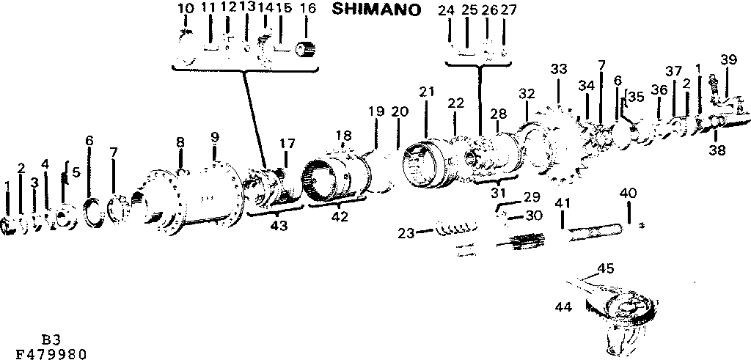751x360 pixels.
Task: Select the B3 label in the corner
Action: coord(51,340)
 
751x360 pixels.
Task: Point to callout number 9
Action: coord(214,137)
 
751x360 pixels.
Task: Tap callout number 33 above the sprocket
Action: coord(559,69)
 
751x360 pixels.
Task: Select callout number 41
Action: coord(563,202)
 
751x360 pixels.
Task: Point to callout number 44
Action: coord(563,306)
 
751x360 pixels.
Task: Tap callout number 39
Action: coord(728,59)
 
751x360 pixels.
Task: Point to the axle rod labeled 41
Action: coord(594,233)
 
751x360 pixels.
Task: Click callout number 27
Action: coord(508,10)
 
